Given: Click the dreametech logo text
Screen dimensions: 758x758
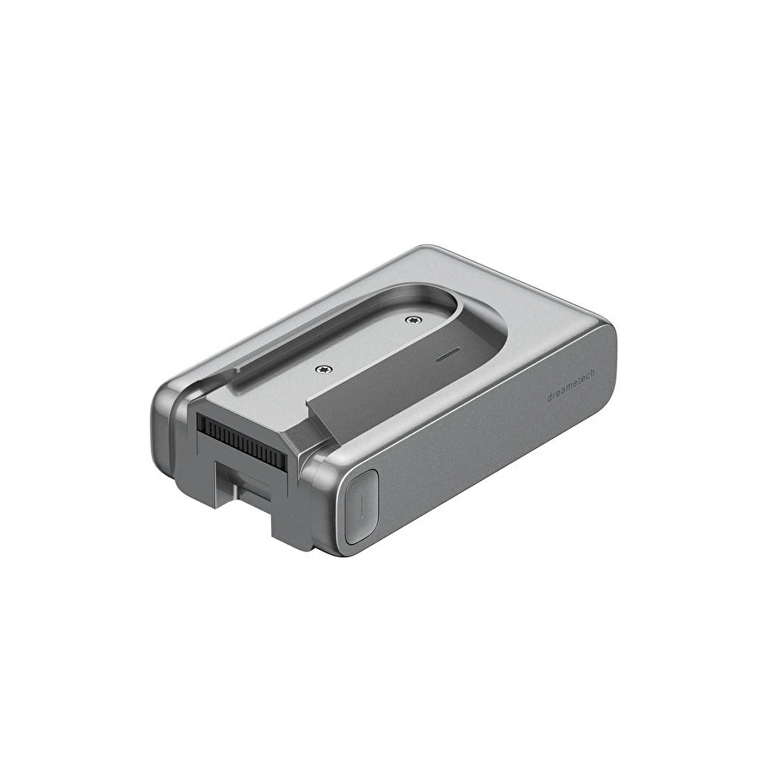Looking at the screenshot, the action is (x=571, y=386).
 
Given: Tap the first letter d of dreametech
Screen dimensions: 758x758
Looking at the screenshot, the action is (x=550, y=398).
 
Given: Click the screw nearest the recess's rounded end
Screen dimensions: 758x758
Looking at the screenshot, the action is (x=413, y=319).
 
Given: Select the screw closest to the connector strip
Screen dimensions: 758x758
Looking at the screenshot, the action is (x=323, y=370).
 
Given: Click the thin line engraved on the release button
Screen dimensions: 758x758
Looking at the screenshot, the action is (x=360, y=508).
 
